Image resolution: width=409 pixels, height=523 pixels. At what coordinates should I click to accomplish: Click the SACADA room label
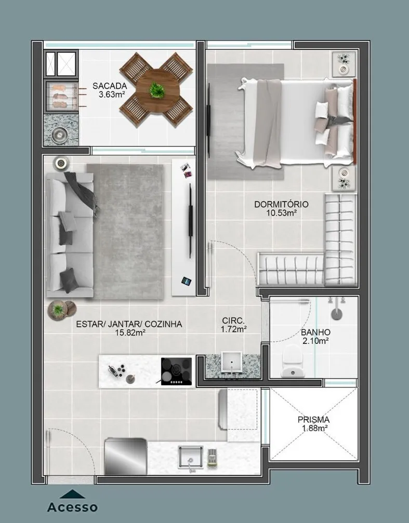(x=110, y=86)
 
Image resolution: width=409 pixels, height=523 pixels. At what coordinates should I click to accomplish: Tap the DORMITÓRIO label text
(x=281, y=204)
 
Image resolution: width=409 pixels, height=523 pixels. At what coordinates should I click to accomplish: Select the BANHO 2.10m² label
(x=315, y=337)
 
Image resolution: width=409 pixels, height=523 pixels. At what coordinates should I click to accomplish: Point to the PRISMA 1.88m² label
(x=313, y=424)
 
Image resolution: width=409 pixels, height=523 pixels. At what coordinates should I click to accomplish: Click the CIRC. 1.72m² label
(x=233, y=325)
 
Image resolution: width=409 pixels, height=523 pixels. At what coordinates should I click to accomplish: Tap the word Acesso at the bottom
(x=72, y=507)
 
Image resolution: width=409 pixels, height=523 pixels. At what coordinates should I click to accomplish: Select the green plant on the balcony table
(x=156, y=90)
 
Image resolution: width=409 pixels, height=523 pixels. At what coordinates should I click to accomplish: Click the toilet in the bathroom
(x=293, y=361)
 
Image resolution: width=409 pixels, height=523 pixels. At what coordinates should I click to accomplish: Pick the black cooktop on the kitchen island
(x=176, y=371)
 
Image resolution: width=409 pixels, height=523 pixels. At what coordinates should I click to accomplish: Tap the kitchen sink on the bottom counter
(x=190, y=457)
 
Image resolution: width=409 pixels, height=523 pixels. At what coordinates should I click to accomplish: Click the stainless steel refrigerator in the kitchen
(x=126, y=457)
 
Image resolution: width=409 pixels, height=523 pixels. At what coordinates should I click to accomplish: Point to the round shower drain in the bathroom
(x=336, y=314)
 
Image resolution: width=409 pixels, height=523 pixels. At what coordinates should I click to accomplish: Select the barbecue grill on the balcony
(x=61, y=96)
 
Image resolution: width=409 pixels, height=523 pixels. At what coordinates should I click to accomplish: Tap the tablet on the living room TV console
(x=186, y=281)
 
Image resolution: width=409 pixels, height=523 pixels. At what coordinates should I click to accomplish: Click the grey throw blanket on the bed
(x=267, y=123)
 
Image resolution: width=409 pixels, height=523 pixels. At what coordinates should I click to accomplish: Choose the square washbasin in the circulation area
(x=231, y=361)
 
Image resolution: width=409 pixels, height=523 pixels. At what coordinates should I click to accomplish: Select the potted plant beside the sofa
(x=58, y=310)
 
